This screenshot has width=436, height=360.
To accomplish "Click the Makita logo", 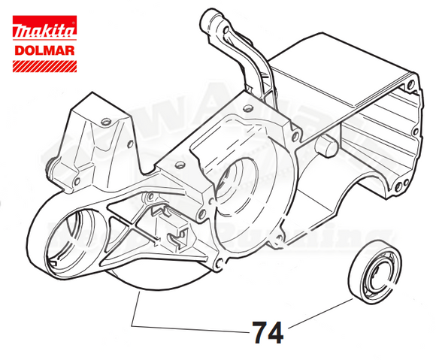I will click(x=44, y=32).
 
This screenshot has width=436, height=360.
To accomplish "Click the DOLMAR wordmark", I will click(x=44, y=52).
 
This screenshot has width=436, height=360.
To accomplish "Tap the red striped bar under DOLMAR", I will click(x=44, y=67).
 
